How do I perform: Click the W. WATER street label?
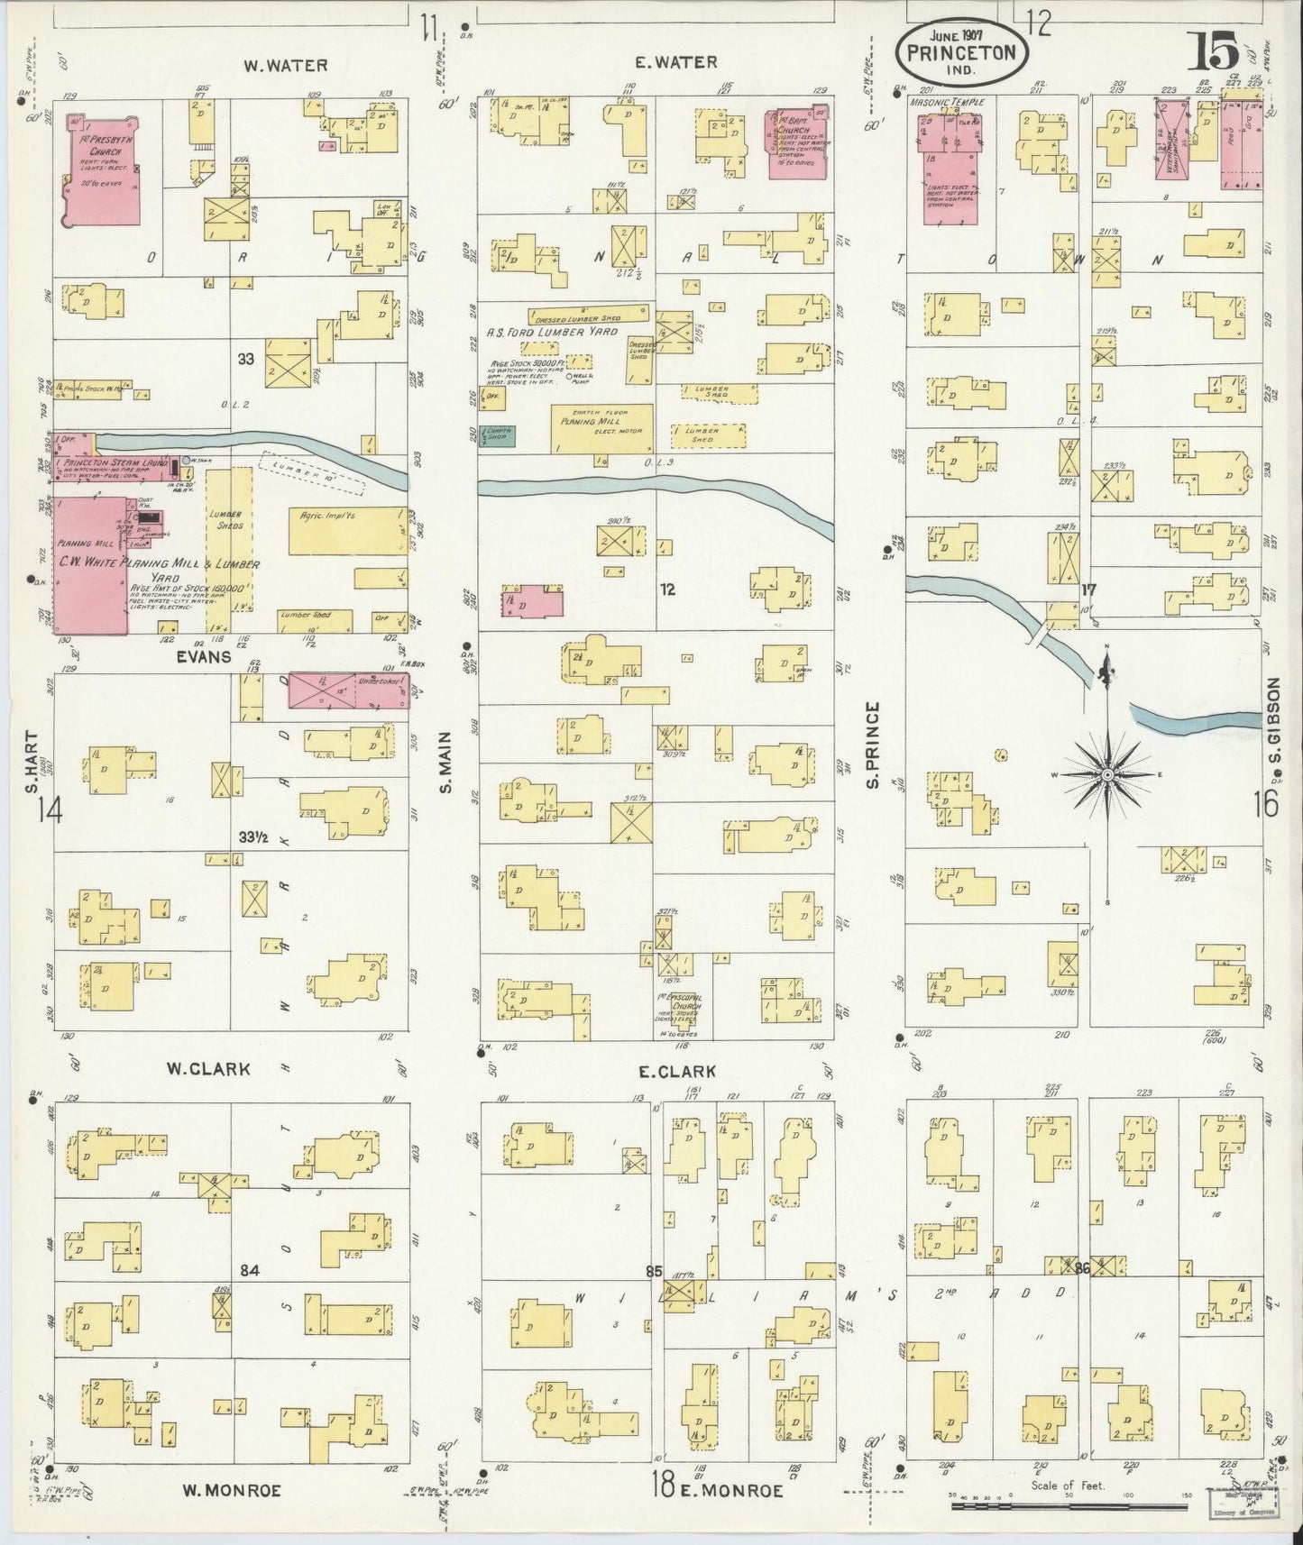coord(284,65)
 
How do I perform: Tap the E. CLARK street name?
coord(676,1072)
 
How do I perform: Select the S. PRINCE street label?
coord(872,745)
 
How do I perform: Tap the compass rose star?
coord(1107,773)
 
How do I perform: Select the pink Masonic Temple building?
coord(948,158)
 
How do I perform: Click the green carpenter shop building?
coord(497,436)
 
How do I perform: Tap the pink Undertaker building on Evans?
coord(347,690)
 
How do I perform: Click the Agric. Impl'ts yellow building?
coord(347,530)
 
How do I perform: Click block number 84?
coord(250,1271)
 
